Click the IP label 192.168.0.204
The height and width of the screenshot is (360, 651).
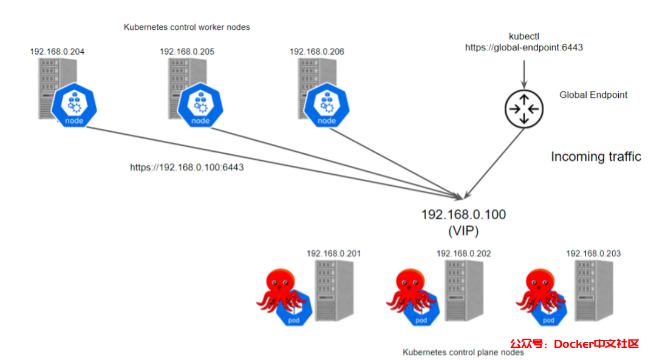57,52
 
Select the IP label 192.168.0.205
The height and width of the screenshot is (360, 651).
187,52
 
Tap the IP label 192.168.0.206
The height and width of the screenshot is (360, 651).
317,52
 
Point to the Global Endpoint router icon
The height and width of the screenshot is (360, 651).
523,109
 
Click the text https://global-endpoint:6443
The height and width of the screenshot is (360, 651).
524,47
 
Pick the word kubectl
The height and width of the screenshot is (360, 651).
523,36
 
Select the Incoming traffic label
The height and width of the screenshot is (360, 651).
596,157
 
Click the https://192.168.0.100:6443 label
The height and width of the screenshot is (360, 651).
187,167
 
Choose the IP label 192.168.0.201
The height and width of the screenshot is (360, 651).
333,253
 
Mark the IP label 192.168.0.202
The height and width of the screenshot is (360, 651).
463,253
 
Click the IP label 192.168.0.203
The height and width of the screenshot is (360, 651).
593,253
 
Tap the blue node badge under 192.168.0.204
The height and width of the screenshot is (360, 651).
75,107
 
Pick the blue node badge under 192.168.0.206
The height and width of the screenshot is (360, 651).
327,107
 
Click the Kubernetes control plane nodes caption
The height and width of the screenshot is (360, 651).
463,352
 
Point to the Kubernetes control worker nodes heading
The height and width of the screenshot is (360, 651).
187,27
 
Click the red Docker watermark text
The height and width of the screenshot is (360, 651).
574,344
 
